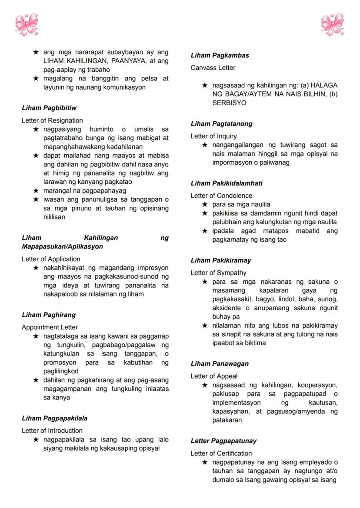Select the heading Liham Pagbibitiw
tap(49, 108)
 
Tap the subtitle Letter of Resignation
tap(52, 120)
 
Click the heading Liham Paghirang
tap(49, 315)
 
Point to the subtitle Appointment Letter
tap(50, 327)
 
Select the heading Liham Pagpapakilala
tap(54, 418)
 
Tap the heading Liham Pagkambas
tap(220, 56)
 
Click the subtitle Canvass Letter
tap(213, 68)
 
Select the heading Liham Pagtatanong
tap(221, 124)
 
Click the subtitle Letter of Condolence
tap(221, 196)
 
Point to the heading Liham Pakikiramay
tap(220, 261)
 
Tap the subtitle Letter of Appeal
tap(214, 376)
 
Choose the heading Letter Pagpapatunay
tap(223, 441)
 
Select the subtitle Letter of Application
tap(51, 259)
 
